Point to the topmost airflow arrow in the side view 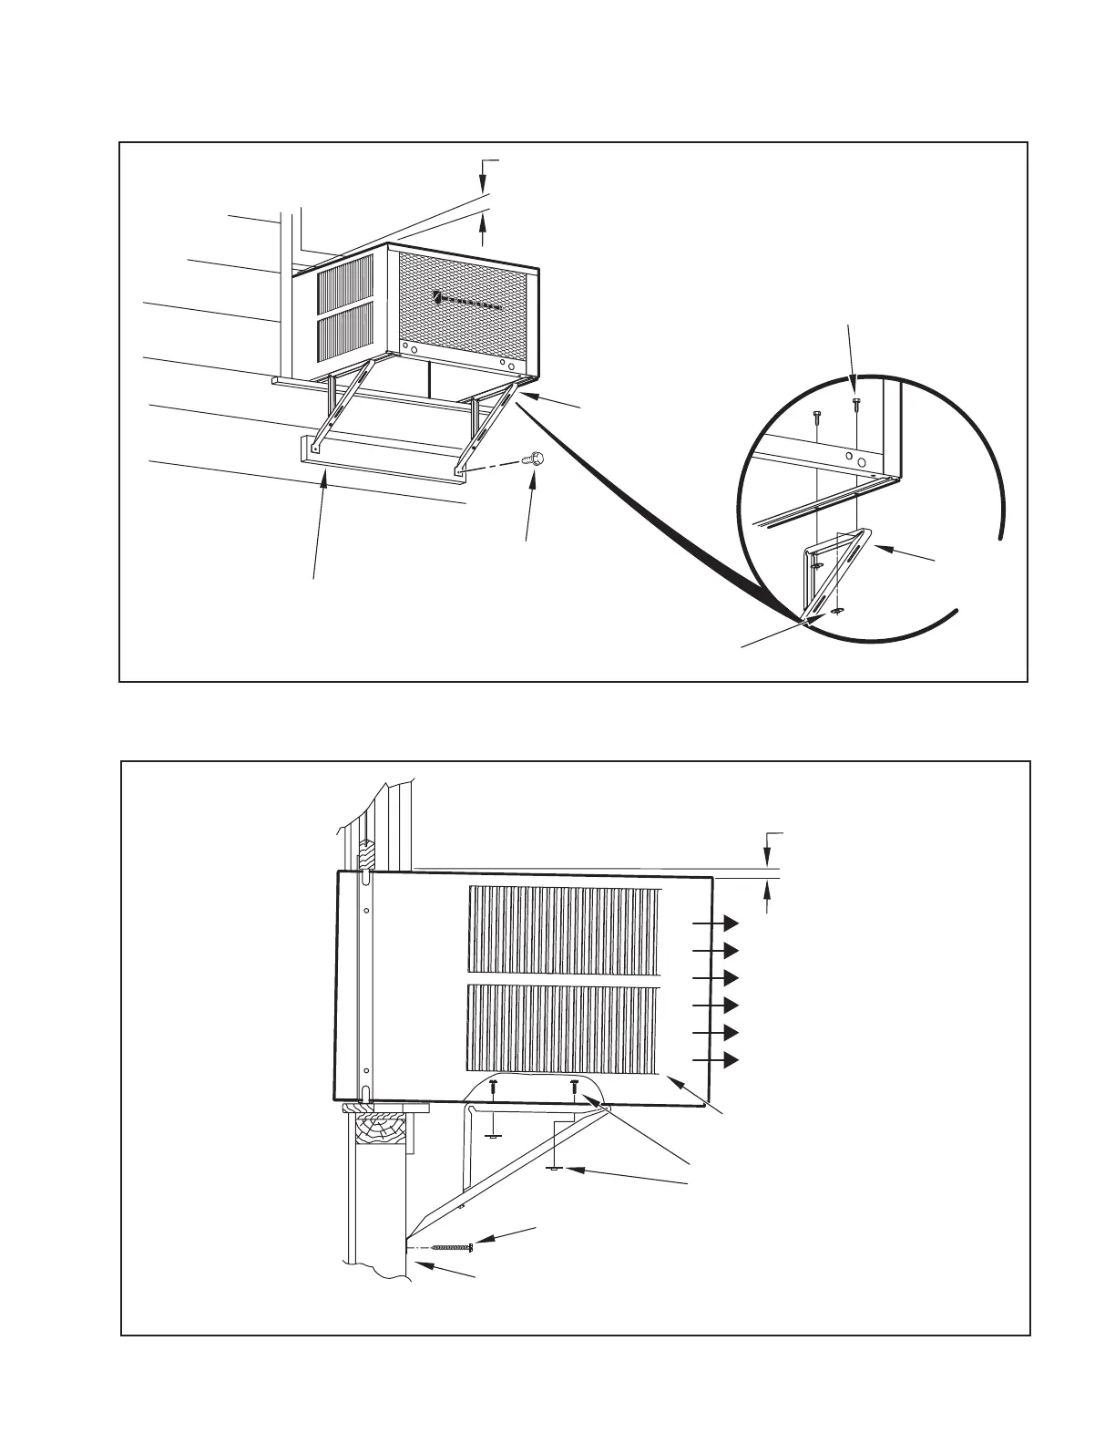(730, 923)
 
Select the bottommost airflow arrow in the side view (730, 1060)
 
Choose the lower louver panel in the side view (564, 1027)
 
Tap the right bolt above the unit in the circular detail (854, 404)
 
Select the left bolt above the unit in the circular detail (816, 416)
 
